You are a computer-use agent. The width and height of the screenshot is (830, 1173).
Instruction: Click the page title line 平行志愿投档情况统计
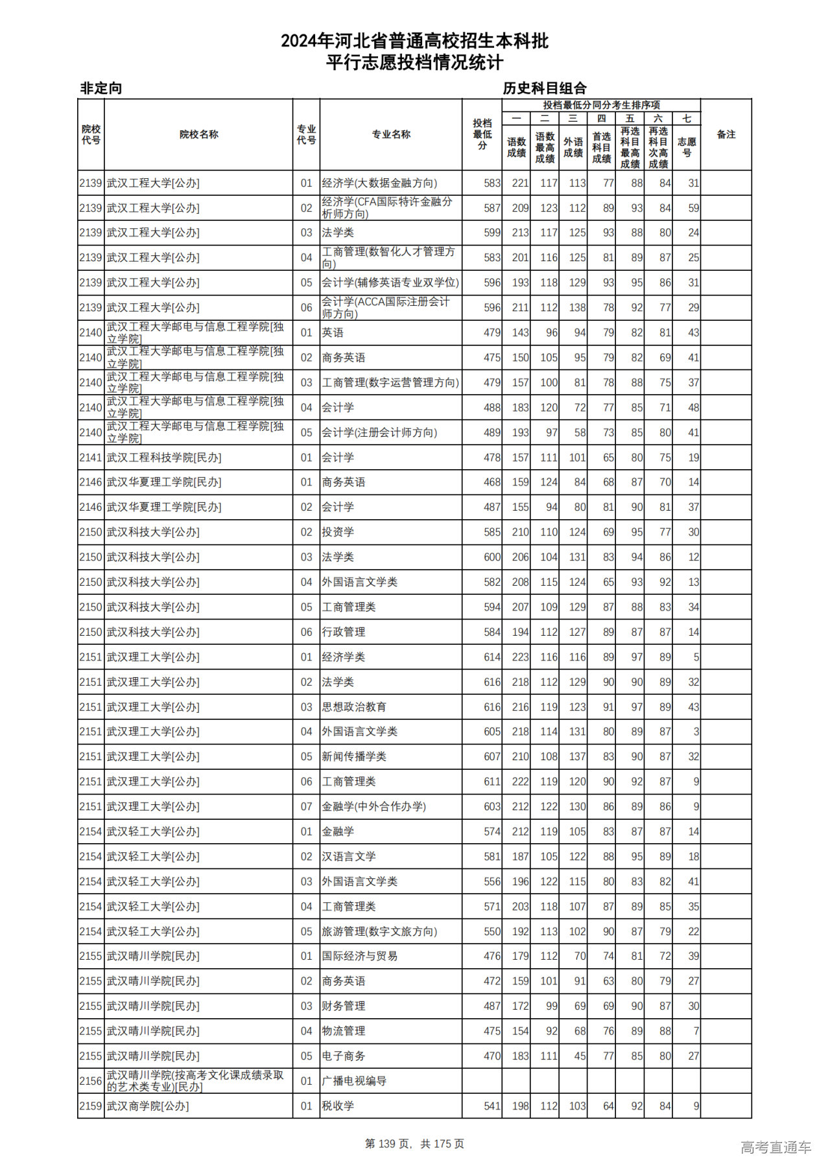coord(414,63)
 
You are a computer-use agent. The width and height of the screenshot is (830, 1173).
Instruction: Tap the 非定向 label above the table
coord(101,88)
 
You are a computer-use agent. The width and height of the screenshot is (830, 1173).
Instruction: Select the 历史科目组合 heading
coord(545,88)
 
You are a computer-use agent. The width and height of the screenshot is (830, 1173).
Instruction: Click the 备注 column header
coord(726,135)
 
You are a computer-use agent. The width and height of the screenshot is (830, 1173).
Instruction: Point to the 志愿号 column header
coord(687,147)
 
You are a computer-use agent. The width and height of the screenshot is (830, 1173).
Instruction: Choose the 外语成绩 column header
coord(573,147)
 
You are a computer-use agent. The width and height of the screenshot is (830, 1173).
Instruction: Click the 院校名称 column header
coord(198,135)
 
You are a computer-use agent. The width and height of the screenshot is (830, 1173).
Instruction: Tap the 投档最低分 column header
coord(482,135)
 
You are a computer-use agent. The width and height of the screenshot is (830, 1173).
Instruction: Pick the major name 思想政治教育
coord(354,707)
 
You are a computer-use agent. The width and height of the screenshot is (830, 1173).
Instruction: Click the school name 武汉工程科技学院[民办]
coord(164,458)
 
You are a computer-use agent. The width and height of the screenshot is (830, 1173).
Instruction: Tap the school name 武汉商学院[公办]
coord(148,1106)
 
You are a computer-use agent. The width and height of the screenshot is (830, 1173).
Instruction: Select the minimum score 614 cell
coord(492,657)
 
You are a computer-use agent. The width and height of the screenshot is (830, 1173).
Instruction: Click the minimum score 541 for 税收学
coord(492,1106)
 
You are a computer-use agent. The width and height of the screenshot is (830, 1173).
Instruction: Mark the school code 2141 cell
coord(91,458)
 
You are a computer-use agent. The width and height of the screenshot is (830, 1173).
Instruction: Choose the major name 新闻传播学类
coord(354,757)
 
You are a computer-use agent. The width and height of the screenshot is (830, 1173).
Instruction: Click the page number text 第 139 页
coord(388,1144)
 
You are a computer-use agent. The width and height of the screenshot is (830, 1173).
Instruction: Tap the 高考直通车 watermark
coord(776,1148)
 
